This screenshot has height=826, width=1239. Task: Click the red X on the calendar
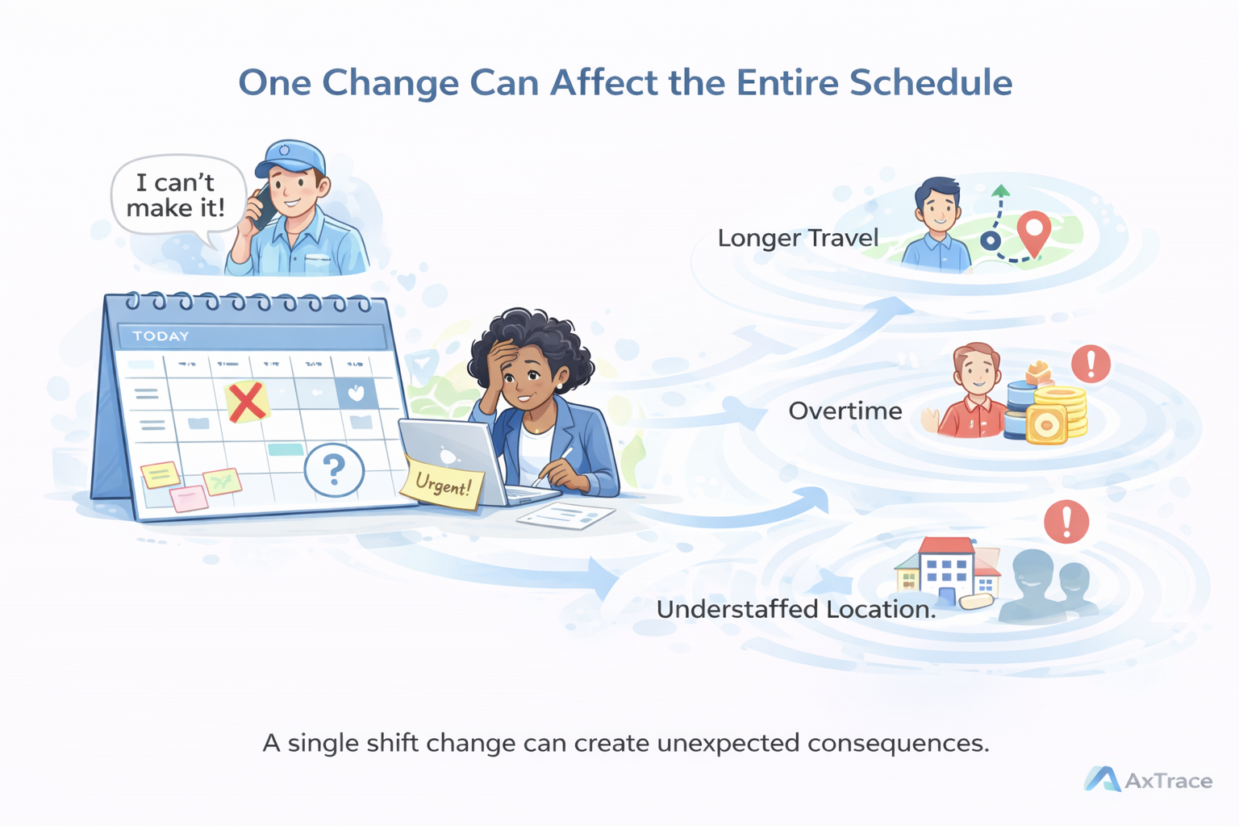[247, 401]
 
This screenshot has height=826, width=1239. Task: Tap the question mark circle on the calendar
[334, 469]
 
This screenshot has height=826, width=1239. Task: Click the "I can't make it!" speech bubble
[177, 196]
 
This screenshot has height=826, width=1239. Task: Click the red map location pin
[1033, 232]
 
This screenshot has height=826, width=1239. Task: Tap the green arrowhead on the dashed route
[1000, 191]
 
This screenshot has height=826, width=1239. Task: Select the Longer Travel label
[797, 238]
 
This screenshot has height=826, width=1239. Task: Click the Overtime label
[845, 411]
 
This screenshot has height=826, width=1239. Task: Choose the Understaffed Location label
[795, 609]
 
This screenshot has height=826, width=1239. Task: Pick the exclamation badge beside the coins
[1091, 364]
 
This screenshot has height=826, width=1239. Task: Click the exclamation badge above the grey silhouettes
[1066, 522]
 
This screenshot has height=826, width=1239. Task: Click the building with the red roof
[945, 568]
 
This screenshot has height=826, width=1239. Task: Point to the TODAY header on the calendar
[161, 336]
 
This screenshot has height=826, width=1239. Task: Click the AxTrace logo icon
[1102, 779]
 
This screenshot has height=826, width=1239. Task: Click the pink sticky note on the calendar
[189, 499]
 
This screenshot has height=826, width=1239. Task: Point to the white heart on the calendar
[356, 393]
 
